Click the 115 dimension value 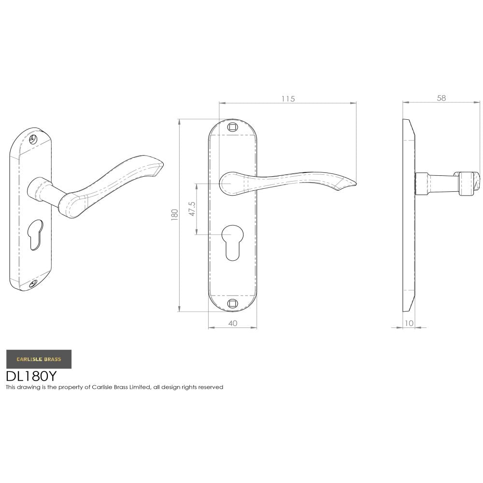(x=288, y=99)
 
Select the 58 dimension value (x=441, y=98)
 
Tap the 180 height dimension (x=175, y=214)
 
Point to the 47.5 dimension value (x=192, y=208)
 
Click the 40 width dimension (x=232, y=324)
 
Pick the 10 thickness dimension (x=409, y=324)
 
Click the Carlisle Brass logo (x=39, y=359)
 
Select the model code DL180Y (x=31, y=376)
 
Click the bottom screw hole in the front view (x=232, y=303)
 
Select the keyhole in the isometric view (x=36, y=234)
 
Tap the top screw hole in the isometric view (x=33, y=139)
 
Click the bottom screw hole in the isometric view (x=32, y=284)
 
